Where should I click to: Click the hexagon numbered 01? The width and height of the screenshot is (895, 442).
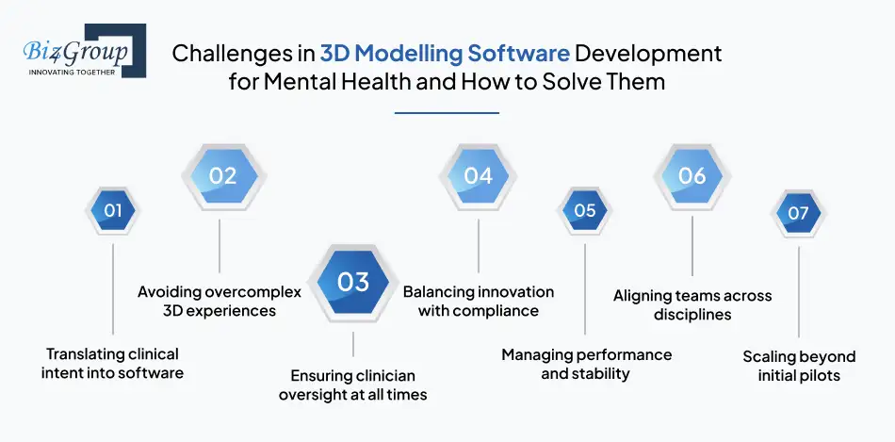(x=112, y=210)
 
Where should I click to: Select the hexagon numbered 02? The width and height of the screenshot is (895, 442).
(x=222, y=175)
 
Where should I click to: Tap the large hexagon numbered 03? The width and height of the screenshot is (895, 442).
(x=353, y=282)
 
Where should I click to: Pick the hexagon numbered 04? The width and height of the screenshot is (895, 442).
(x=478, y=175)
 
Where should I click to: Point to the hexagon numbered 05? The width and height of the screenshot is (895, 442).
(x=585, y=210)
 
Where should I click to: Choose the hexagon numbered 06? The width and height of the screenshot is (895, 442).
(x=692, y=175)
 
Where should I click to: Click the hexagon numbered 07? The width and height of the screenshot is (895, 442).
(x=798, y=213)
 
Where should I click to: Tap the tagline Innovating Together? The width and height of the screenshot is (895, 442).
(x=73, y=72)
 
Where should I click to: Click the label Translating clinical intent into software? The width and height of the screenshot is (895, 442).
(x=112, y=364)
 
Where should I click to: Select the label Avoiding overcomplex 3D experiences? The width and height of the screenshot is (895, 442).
(x=220, y=302)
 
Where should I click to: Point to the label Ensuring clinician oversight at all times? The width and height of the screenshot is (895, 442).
(x=352, y=385)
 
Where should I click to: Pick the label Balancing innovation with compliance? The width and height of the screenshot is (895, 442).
(x=479, y=302)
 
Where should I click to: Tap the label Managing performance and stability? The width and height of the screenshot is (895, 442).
(x=586, y=364)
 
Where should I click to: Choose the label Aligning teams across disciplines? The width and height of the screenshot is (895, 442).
(x=692, y=305)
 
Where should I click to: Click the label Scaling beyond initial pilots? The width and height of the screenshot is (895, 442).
(x=799, y=366)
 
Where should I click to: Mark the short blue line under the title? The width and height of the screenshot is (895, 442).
(x=446, y=113)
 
